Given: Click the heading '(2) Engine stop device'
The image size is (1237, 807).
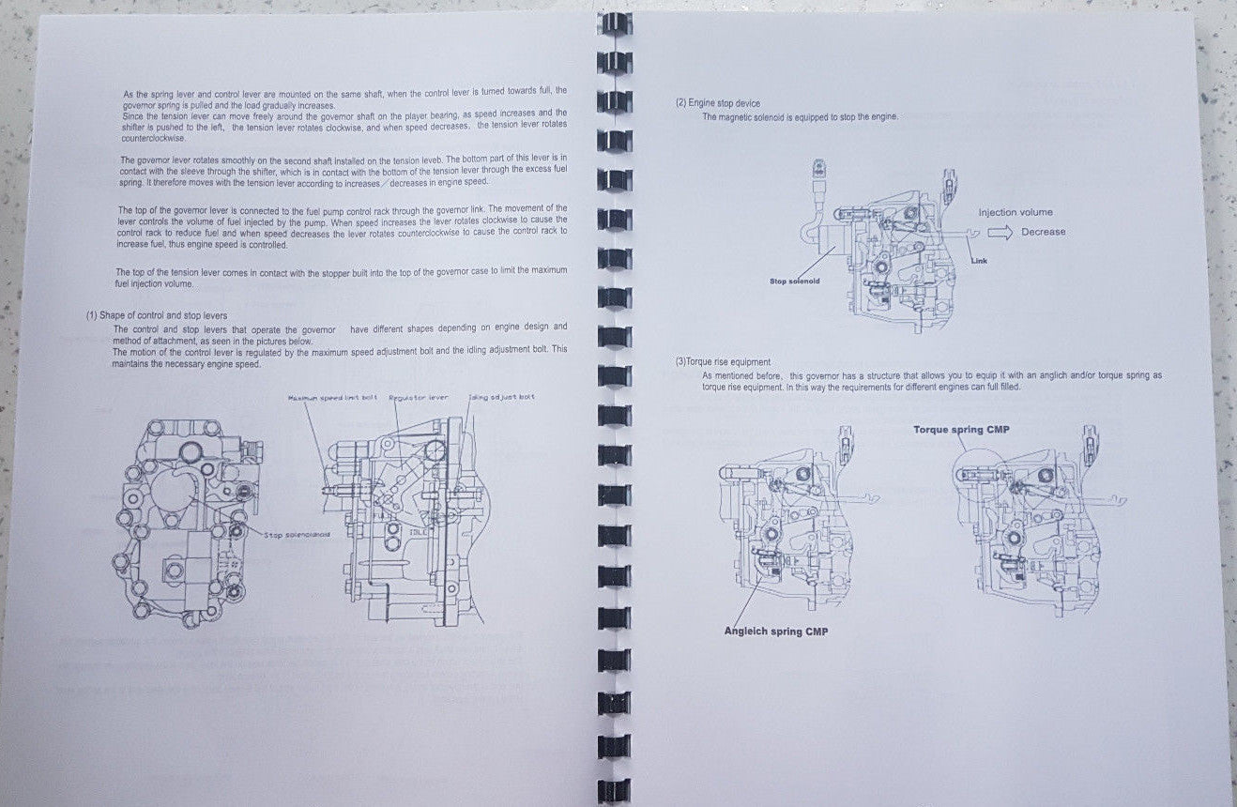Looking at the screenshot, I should (x=718, y=103).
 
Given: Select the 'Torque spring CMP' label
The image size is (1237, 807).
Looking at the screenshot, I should (x=961, y=430).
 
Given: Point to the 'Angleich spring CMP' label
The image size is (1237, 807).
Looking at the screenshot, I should (x=776, y=631).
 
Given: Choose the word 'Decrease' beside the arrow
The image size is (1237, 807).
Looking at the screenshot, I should (x=1044, y=232).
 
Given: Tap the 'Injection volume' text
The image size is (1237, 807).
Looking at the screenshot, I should (x=1016, y=212).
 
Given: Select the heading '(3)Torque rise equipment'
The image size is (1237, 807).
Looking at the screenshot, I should (x=723, y=361).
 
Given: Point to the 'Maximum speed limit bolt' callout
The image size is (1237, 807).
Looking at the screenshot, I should (x=333, y=397).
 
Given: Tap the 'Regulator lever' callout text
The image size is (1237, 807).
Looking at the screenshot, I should (x=419, y=397).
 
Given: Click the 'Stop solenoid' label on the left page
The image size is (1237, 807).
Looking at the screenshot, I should (x=297, y=534).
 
